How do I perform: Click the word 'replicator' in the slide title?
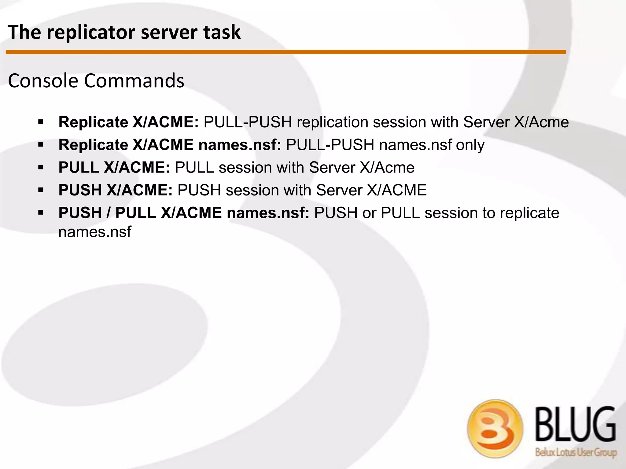pos(91,32)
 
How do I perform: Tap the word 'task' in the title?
pos(222,32)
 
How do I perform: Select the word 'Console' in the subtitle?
pos(43,81)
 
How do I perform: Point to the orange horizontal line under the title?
pos(286,52)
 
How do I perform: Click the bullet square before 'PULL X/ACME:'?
pos(41,167)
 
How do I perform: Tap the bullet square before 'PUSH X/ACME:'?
pos(41,190)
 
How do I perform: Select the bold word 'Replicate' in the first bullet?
pos(93,122)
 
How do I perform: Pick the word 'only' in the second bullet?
pos(470,145)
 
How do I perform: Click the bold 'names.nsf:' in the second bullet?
pos(240,145)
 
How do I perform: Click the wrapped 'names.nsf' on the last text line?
pos(95,232)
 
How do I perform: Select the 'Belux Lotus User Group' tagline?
pos(576,452)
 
